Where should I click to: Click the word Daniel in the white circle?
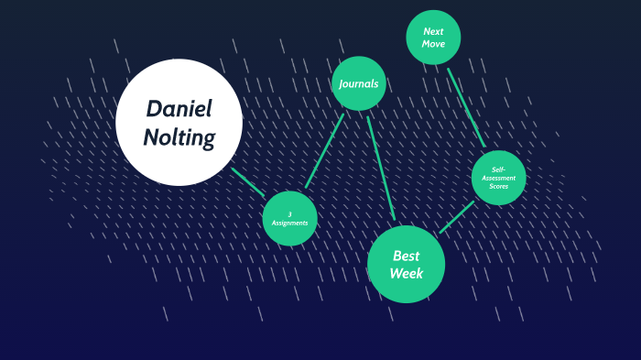pyautogui.click(x=179, y=109)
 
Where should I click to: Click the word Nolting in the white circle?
pyautogui.click(x=179, y=137)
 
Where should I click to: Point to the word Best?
pyautogui.click(x=406, y=256)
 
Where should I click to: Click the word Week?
pyautogui.click(x=406, y=273)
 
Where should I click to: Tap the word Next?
pyautogui.click(x=433, y=30)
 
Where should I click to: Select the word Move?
pyautogui.click(x=433, y=44)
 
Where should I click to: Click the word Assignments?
pyautogui.click(x=289, y=223)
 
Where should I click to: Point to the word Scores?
pyautogui.click(x=499, y=186)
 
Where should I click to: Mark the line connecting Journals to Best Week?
pyautogui.click(x=380, y=167)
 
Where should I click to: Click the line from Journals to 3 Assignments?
pyautogui.click(x=325, y=150)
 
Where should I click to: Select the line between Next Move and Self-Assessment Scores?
pyautogui.click(x=466, y=107)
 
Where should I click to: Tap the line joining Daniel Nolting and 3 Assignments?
pyautogui.click(x=247, y=181)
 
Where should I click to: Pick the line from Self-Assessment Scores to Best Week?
pyautogui.click(x=457, y=217)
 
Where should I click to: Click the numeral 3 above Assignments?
pyautogui.click(x=289, y=214)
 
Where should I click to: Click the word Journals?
pyautogui.click(x=358, y=83)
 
